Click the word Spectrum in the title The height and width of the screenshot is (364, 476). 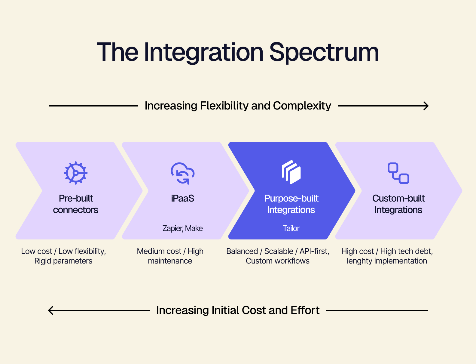324,53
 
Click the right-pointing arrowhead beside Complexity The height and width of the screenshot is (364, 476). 426,106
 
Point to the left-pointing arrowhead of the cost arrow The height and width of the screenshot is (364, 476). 51,310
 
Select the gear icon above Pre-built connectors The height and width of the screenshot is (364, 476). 76,173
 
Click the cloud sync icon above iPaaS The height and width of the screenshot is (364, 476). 182,173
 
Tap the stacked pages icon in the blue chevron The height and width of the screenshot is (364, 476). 291,172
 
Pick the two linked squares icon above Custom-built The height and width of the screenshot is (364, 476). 398,173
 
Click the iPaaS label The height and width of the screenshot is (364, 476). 182,199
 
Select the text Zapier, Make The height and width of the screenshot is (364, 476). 182,229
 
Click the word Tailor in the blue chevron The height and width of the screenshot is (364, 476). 291,229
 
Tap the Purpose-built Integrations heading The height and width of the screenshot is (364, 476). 291,204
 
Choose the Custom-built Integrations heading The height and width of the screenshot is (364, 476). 398,204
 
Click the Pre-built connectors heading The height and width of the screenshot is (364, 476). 76,204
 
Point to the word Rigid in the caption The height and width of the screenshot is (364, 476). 43,261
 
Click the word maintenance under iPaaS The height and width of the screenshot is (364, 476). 170,261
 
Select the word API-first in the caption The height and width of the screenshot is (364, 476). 314,251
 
